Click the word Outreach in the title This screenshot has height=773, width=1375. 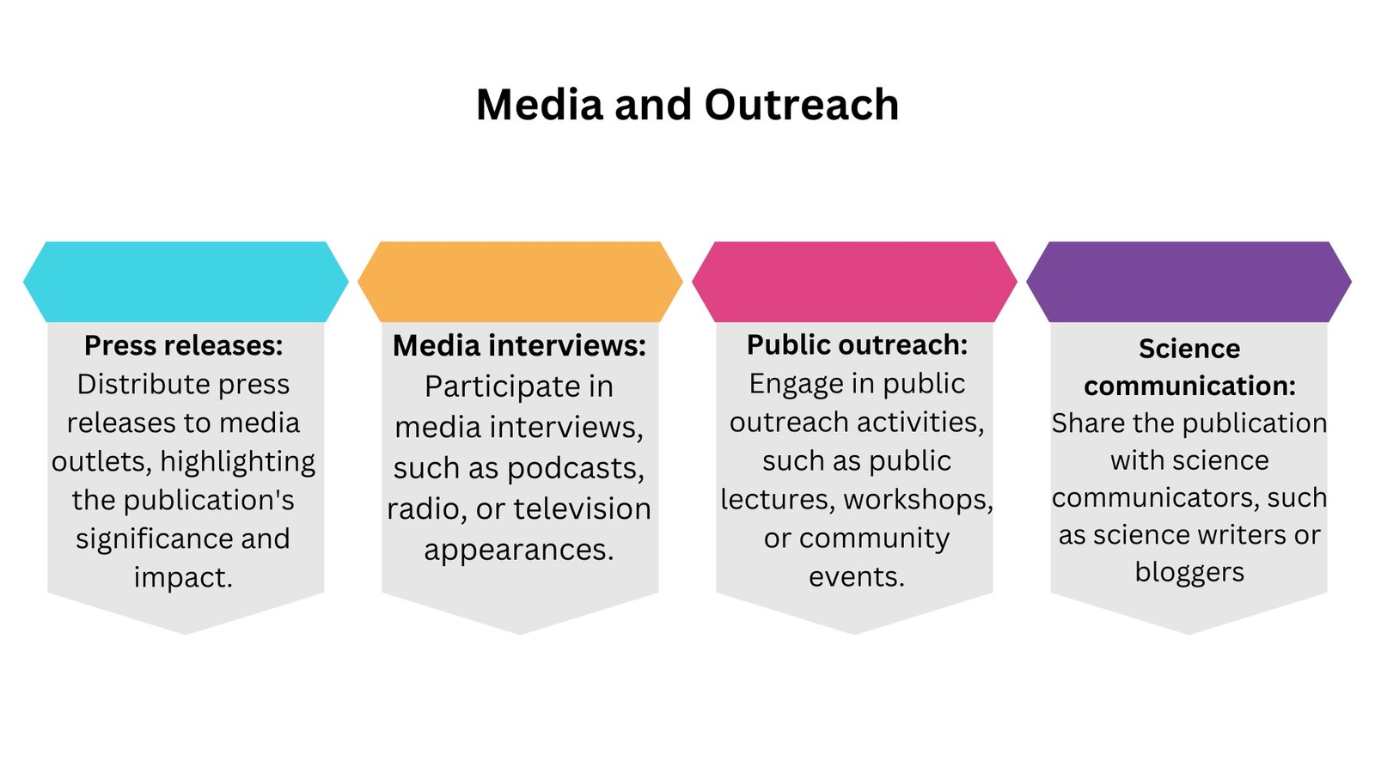[802, 104]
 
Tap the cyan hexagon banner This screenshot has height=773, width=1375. [186, 282]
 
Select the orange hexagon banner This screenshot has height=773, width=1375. [520, 282]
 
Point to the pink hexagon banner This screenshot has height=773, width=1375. [854, 282]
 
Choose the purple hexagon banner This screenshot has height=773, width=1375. [1189, 282]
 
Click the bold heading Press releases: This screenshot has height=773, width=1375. [184, 345]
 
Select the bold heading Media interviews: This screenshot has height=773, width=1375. [519, 345]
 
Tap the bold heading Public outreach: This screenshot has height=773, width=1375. [857, 344]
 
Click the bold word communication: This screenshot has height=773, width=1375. [1189, 386]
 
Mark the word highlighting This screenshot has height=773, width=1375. [237, 461]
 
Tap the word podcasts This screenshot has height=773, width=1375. [576, 468]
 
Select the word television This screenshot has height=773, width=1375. [583, 508]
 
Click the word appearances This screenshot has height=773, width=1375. [519, 550]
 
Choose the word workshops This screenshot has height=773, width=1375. [919, 499]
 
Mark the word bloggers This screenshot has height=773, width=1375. [1189, 572]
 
